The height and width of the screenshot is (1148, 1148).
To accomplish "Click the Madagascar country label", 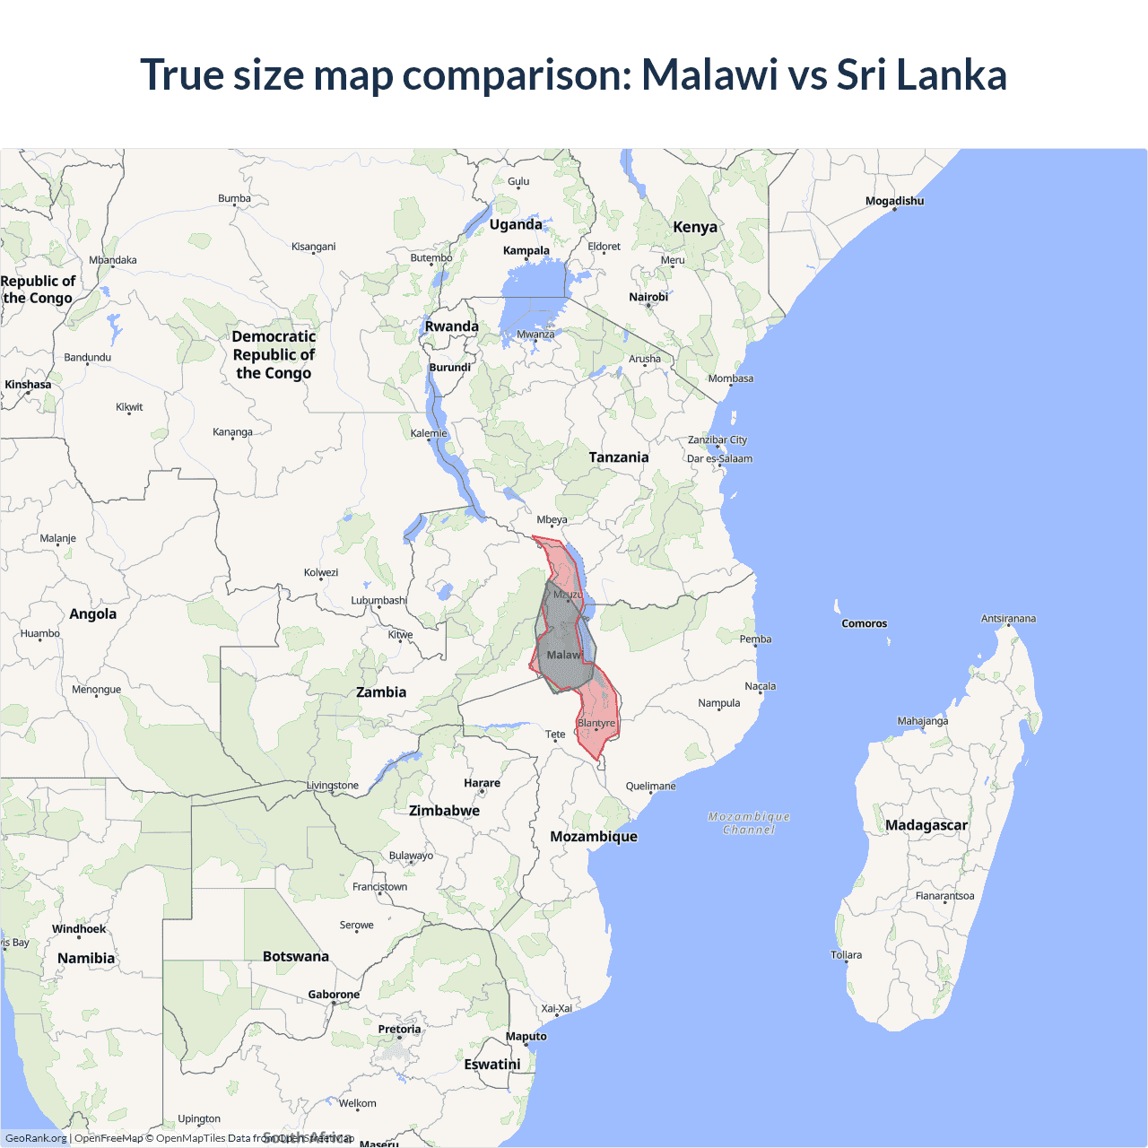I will point(926,825).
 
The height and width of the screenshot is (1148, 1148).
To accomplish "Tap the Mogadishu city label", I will point(894,201).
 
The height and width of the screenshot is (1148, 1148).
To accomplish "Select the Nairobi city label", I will point(648,297).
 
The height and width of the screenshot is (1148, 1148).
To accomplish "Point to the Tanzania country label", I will point(619,457).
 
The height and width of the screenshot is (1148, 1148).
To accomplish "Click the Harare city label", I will point(482,783).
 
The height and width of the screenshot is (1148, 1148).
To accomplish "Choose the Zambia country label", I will point(381,692).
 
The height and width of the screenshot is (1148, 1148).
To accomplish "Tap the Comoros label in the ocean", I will point(864,623).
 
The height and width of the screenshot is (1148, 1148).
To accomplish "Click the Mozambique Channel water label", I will point(749,823).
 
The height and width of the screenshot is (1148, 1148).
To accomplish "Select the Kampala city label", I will point(526,250).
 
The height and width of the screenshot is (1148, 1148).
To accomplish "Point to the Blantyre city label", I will point(596,723).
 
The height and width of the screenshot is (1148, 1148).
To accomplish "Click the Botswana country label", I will point(296,956).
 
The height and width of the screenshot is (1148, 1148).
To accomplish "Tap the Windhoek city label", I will point(79,929).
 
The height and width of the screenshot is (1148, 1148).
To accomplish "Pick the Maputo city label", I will point(526,1036).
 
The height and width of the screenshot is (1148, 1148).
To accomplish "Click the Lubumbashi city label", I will point(378,600).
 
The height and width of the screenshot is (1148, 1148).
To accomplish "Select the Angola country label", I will point(93,614).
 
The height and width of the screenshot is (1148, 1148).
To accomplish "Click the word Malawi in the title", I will point(709,74).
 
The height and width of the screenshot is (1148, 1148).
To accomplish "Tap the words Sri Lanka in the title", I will point(921,74).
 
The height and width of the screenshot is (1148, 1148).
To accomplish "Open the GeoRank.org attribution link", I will point(36,1138).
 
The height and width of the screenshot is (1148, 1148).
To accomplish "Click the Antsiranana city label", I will point(1008,619).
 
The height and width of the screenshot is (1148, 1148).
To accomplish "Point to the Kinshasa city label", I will point(28,385).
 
